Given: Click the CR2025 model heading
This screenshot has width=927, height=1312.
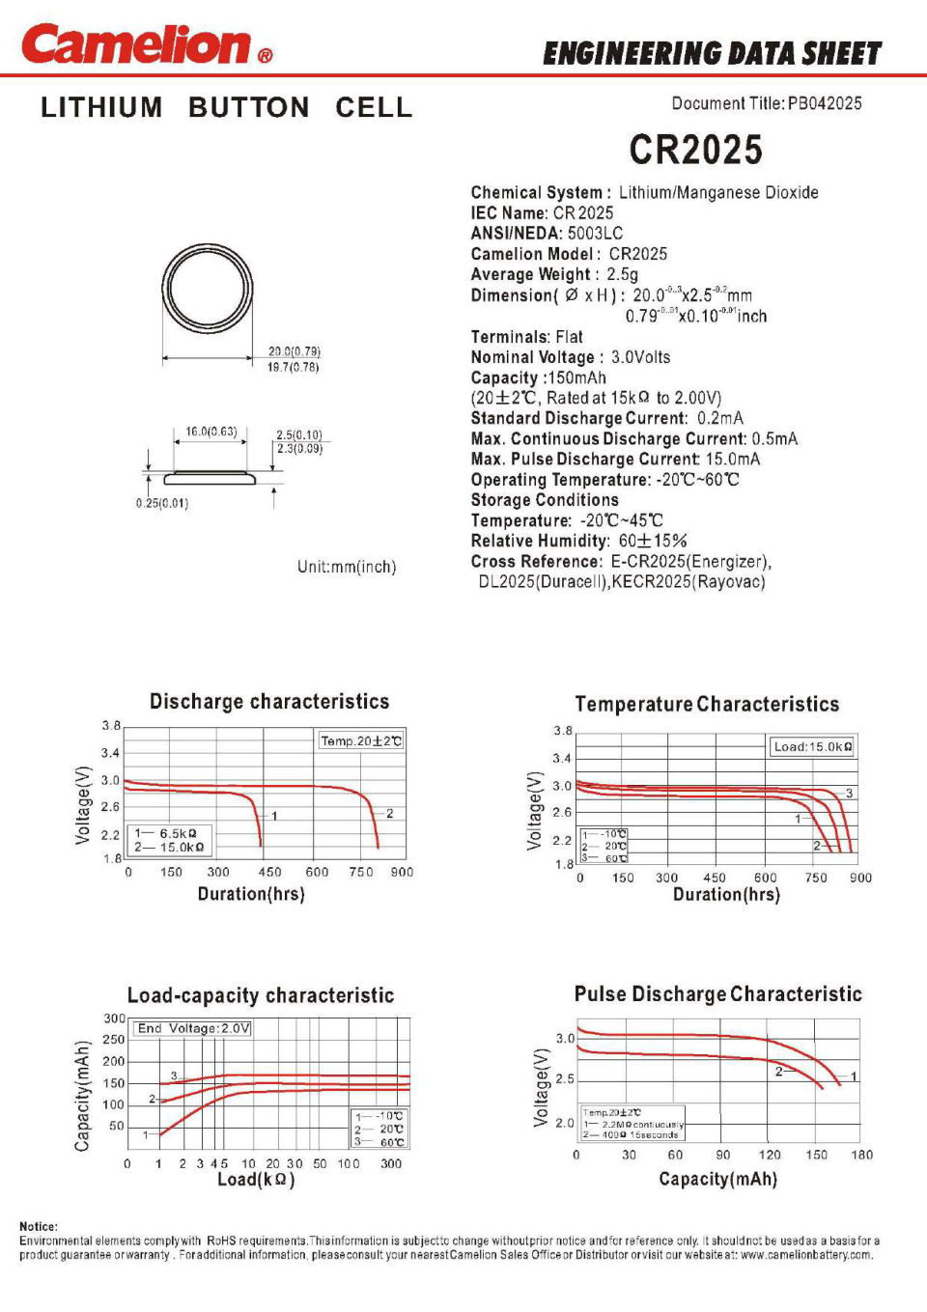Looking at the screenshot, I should point(695,150).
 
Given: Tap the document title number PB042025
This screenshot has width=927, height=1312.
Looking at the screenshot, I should point(825,103).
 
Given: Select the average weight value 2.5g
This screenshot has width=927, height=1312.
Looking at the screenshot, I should point(623,274).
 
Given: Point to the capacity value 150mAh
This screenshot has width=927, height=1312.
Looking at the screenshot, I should point(577,377).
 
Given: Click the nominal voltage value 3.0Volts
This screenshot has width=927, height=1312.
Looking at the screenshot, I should point(640,357).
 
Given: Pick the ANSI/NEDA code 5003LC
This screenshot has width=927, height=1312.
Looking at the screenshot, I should point(595,233).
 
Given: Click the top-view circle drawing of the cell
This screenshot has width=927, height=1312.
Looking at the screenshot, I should point(207,288).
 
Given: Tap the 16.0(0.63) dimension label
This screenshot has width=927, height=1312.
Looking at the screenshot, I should point(211,432).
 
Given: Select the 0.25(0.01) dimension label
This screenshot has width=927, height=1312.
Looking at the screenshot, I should point(162,503).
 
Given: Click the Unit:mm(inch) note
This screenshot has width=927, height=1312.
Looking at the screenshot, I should point(347,567).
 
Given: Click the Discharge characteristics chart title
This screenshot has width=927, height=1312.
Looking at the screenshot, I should point(269,702).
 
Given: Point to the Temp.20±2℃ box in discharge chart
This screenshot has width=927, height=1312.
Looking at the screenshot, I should point(361,740).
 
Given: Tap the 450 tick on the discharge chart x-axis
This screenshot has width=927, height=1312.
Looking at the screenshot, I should point(270,872).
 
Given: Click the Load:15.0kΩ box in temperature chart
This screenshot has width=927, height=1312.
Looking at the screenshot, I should point(812,746).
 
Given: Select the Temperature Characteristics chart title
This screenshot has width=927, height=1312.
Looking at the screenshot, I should point(707,705).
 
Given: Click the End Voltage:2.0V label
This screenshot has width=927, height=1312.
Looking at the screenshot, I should point(193,1028).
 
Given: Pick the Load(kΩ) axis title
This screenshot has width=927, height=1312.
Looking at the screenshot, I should point(256,1179).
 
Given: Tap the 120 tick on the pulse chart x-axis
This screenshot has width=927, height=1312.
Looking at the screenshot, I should point(770,1155).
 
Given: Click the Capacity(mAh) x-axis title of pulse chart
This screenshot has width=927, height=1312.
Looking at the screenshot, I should point(717,1179).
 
